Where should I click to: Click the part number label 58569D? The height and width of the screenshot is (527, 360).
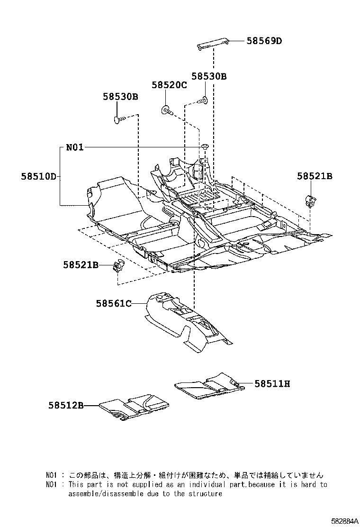pos(264,41)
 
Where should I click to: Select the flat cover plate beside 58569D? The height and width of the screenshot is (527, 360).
pos(213,43)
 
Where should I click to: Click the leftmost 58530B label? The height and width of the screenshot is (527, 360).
pos(120,97)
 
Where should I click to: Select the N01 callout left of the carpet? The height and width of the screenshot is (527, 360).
pos(74,147)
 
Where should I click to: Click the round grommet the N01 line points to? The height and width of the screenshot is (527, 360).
pos(206,145)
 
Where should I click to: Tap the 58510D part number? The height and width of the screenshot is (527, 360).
pos(38,177)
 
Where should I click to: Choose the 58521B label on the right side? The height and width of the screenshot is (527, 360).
pos(315,176)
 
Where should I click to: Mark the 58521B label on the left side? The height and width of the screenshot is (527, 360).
pos(81,265)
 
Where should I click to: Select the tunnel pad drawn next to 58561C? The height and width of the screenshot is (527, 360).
pos(185,322)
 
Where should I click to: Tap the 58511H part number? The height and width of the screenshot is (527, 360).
pos(272,384)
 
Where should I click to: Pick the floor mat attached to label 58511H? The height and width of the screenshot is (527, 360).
pos(208,384)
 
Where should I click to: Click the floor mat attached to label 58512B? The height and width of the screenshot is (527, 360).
pos(135,406)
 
